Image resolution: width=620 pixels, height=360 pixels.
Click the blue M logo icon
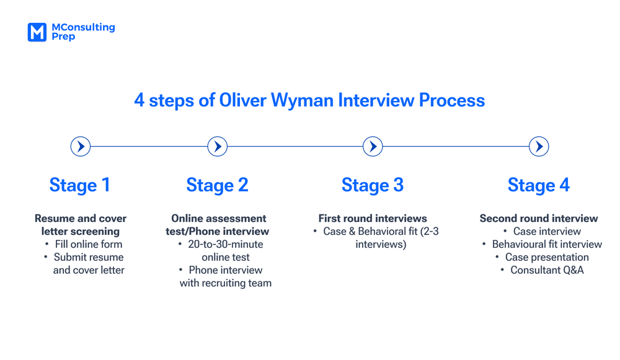37,32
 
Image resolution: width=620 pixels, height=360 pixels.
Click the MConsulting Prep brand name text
83,32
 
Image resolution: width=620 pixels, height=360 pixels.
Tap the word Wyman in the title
302,100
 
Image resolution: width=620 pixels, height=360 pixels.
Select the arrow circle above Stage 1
81,147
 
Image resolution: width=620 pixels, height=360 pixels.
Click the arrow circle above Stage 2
218,147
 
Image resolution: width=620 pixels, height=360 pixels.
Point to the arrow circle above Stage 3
373,147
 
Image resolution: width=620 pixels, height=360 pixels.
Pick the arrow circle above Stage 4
539,147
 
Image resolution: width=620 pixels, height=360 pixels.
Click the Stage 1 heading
80,185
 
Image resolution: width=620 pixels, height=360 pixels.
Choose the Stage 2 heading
218,185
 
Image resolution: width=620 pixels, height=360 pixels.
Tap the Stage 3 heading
373,185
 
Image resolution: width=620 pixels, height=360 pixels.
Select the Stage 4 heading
539,185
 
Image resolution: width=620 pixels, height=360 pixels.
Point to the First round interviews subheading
373,218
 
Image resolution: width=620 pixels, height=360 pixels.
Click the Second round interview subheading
539,218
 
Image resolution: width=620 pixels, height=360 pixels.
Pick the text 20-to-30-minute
226,244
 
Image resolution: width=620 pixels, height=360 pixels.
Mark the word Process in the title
452,100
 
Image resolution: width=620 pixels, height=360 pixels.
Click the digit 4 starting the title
139,100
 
